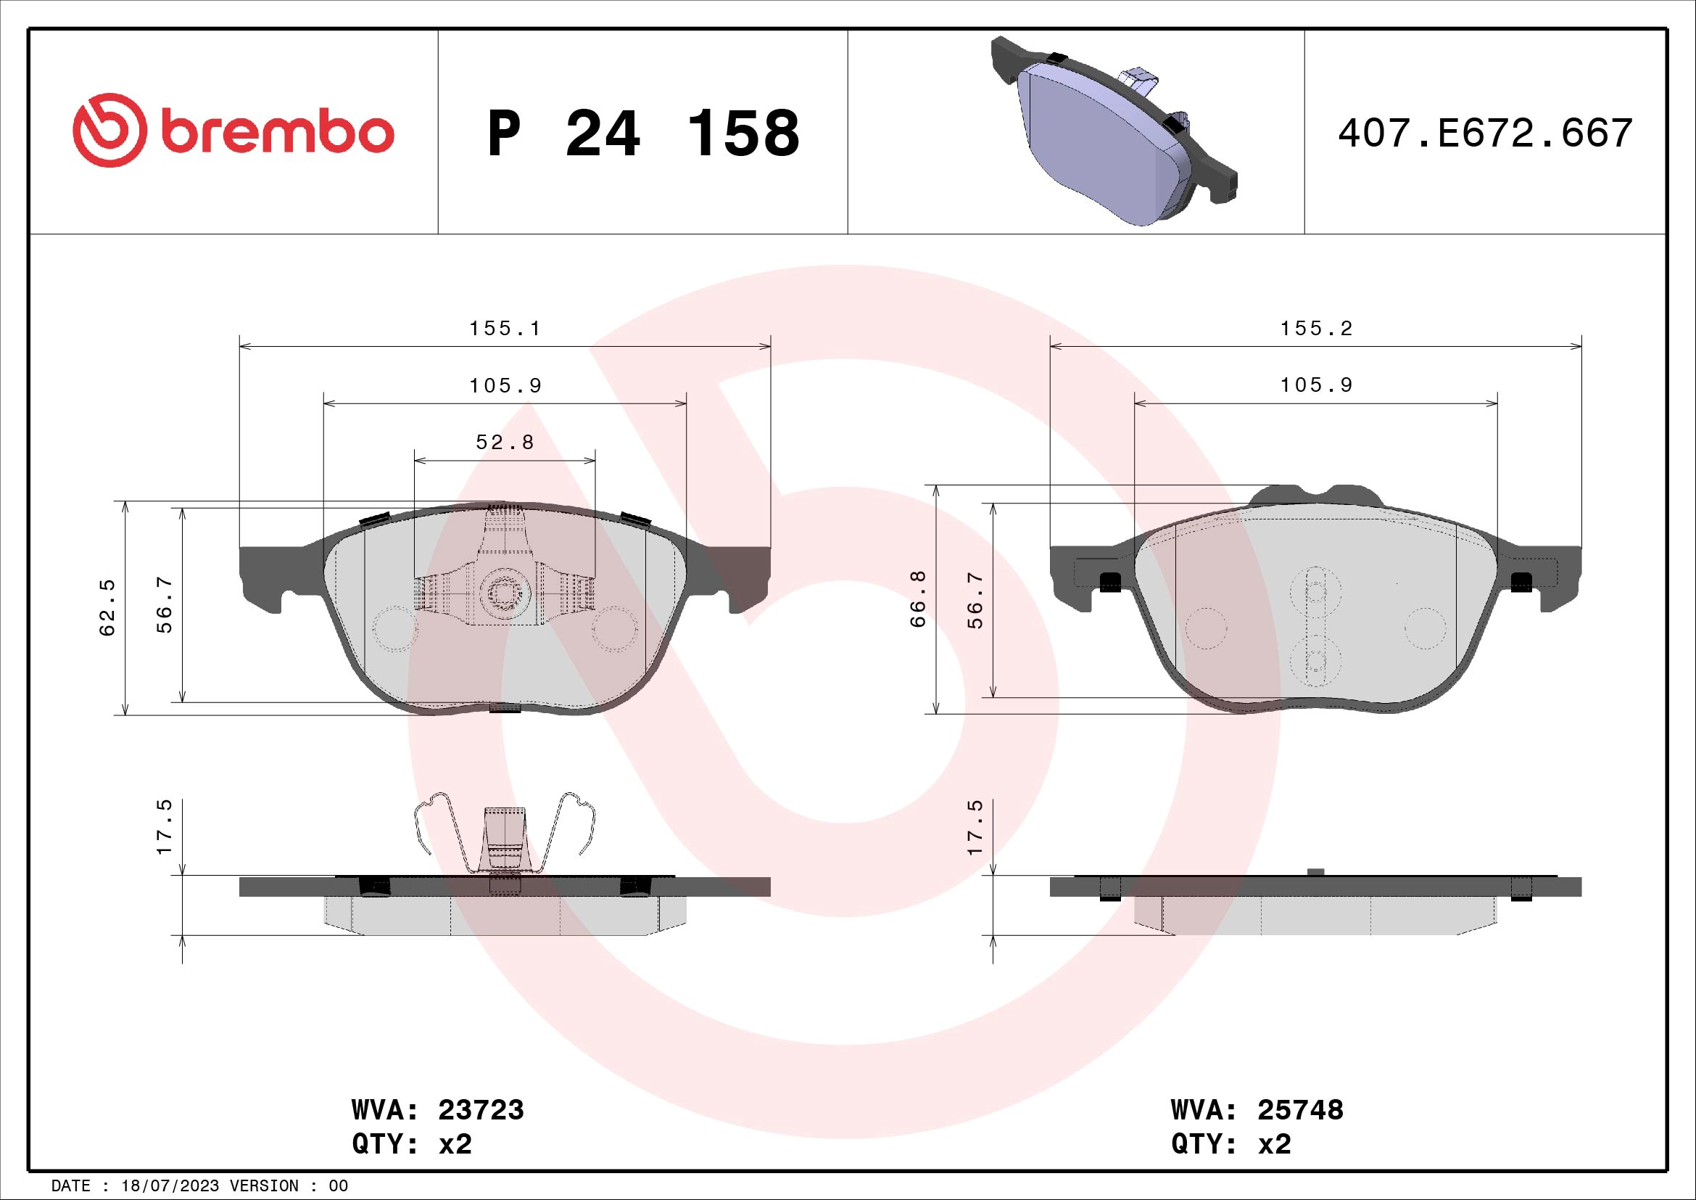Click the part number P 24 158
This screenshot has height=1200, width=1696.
point(642,133)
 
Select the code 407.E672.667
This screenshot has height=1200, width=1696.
point(1485,133)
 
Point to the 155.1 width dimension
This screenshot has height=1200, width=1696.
point(505,328)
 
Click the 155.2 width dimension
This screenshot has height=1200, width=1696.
point(1316,328)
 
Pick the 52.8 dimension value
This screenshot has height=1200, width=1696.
point(505,442)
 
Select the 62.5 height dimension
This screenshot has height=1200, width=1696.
point(108,607)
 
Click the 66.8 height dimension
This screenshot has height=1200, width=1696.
point(918,599)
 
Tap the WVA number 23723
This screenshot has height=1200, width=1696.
point(481,1110)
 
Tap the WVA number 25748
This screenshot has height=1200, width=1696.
point(1300,1110)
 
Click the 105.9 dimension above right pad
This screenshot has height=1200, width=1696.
point(1316,385)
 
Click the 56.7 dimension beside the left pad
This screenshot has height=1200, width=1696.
point(164,605)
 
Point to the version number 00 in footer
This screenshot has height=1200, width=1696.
point(338,1186)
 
